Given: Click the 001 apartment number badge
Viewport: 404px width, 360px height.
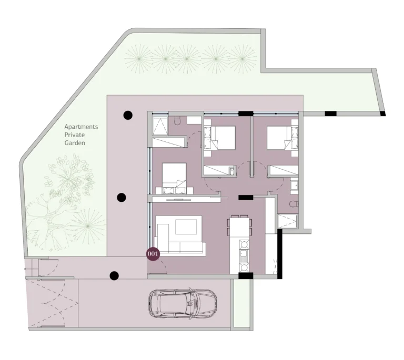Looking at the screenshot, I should tap(153, 253).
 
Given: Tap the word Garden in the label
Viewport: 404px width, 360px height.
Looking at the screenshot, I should tap(75, 142).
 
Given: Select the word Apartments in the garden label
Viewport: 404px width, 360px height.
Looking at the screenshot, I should tap(81, 127).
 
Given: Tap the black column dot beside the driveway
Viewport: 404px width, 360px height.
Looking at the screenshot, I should tap(114, 275).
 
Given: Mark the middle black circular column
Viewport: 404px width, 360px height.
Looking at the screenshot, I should tap(121, 197).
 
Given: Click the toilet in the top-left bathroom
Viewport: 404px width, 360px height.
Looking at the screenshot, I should tap(178, 121).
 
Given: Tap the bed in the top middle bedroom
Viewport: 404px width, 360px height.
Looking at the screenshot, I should tap(221, 138).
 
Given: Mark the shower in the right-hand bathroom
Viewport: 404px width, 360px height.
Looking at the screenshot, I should tap(287, 221).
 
